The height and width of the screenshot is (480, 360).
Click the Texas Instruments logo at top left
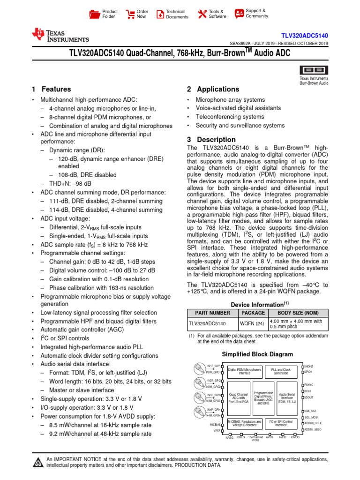60,35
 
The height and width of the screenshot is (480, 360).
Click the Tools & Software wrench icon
202,14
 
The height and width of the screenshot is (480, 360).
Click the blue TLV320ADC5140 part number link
311,36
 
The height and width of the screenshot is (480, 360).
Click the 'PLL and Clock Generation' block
281,371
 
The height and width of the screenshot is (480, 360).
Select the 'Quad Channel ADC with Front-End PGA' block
239,398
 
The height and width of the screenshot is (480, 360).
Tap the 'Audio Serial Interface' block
287,398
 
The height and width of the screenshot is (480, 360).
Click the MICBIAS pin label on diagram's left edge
215,424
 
